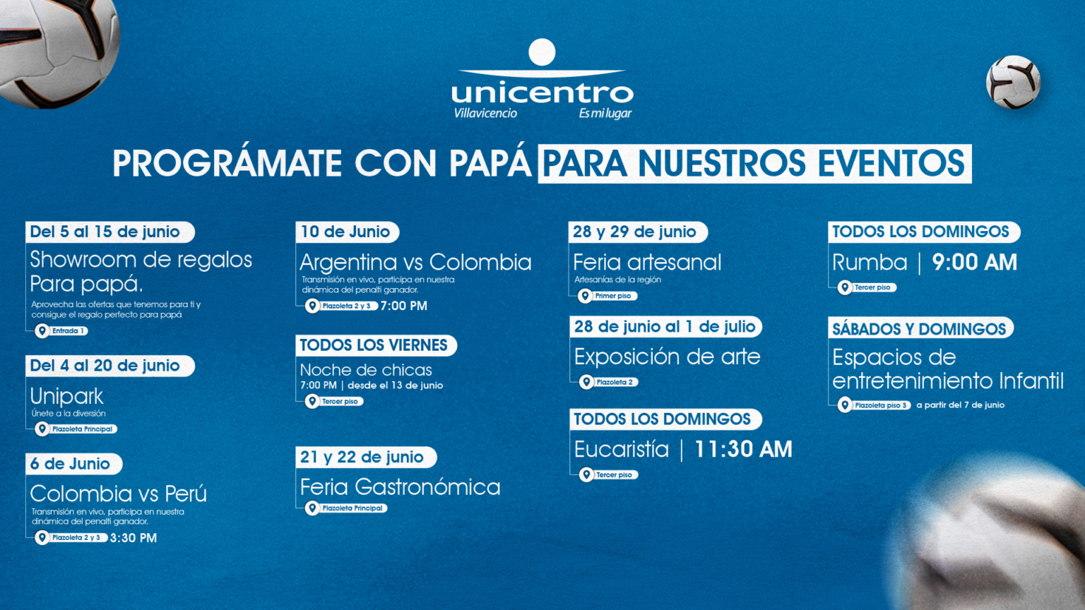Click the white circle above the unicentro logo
tap(542, 52)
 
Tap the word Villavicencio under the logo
tap(485, 113)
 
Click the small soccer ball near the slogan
tap(1013, 82)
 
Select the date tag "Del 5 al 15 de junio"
tap(110, 232)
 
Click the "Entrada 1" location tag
tap(61, 330)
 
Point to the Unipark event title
tap(67, 397)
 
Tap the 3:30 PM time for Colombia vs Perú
tap(134, 538)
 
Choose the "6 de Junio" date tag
tap(74, 464)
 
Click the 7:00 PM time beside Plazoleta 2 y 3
tap(403, 306)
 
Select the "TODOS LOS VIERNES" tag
tap(377, 345)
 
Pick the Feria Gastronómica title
tap(400, 487)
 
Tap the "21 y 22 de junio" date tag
tap(366, 457)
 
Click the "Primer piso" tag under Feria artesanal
tap(607, 296)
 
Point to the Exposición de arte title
tap(667, 357)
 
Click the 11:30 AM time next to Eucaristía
tap(743, 449)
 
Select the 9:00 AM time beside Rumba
tap(974, 263)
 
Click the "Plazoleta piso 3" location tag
tap(874, 405)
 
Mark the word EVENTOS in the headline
tap(891, 163)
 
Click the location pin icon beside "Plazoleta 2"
tap(586, 382)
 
